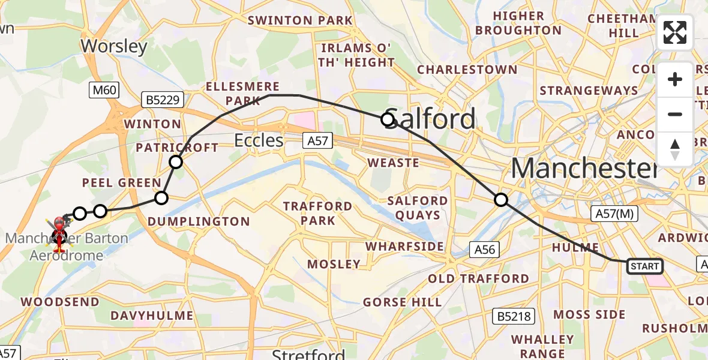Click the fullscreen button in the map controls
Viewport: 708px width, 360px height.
click(x=675, y=32)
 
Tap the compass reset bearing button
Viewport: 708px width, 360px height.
click(x=675, y=149)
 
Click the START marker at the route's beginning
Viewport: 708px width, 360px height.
click(x=645, y=266)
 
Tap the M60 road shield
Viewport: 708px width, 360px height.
click(x=104, y=91)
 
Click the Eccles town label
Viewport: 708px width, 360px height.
click(x=259, y=140)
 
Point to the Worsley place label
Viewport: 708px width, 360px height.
click(x=113, y=46)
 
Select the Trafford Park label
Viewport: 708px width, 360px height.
click(x=317, y=213)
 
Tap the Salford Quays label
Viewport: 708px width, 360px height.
click(x=418, y=208)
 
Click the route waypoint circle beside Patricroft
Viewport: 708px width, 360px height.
click(x=175, y=161)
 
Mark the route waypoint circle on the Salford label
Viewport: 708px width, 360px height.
click(x=388, y=119)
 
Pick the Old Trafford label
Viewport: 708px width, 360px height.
click(x=478, y=278)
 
